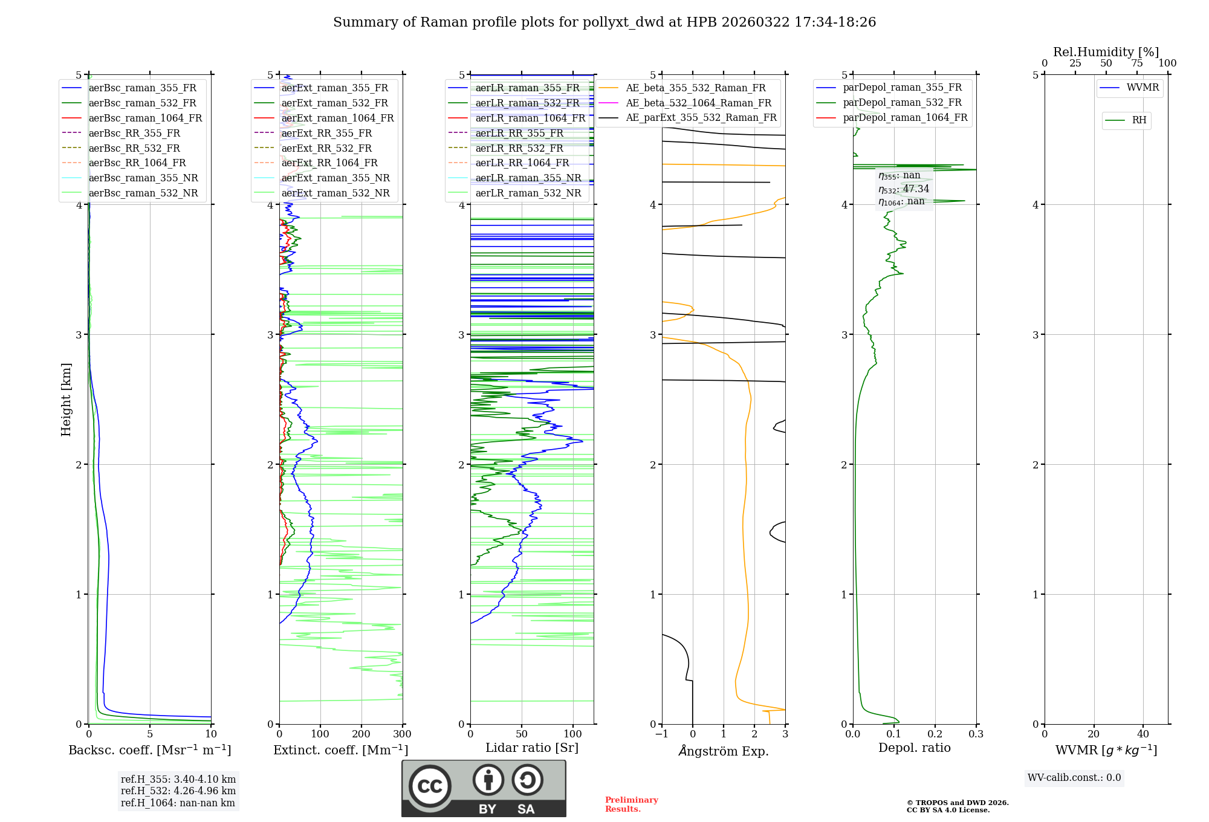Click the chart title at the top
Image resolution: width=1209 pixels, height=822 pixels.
pos(604,22)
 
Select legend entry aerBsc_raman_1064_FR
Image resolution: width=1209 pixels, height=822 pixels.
pos(145,118)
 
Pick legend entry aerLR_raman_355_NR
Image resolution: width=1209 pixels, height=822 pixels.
pos(528,178)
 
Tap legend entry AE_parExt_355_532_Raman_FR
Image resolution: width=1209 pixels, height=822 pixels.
pos(701,117)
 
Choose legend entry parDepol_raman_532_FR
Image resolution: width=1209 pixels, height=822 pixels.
pos(902,102)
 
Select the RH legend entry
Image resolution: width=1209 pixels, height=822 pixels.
pos(1139,120)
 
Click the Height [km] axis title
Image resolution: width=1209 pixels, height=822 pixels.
pos(66,400)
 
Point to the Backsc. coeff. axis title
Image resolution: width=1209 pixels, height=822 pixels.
pos(149,750)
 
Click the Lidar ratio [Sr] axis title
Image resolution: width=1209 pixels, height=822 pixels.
pos(532,748)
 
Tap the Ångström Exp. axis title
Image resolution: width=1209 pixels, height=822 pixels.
pos(724,751)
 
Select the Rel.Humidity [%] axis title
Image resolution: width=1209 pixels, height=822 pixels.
pos(1106,52)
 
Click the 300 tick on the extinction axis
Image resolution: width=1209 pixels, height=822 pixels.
pos(403,734)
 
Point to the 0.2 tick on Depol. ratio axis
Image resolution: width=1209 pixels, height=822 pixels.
pos(935,734)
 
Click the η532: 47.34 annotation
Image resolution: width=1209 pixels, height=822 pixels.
pos(904,189)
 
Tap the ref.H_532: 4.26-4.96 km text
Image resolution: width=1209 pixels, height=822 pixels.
pos(178,791)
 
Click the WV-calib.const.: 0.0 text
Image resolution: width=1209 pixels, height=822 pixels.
pos(1074,778)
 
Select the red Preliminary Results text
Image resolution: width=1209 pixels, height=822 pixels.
pos(631,804)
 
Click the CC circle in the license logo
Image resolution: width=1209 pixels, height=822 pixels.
pos(430,786)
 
